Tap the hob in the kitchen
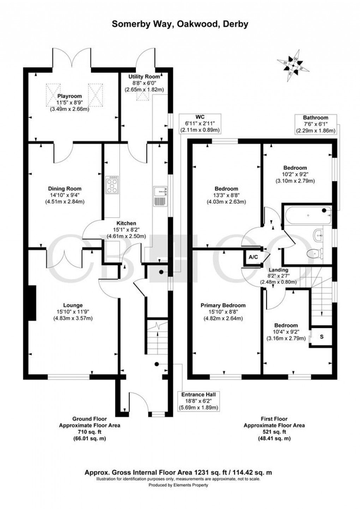point(112,185)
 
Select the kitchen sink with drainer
point(161,196)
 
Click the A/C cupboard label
point(253,257)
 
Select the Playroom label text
point(70,96)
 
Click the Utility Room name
point(144,77)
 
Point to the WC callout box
point(200,123)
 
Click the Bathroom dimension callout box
point(316,124)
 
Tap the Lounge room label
point(73,305)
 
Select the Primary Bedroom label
point(223,305)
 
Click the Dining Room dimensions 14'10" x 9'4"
point(65,195)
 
